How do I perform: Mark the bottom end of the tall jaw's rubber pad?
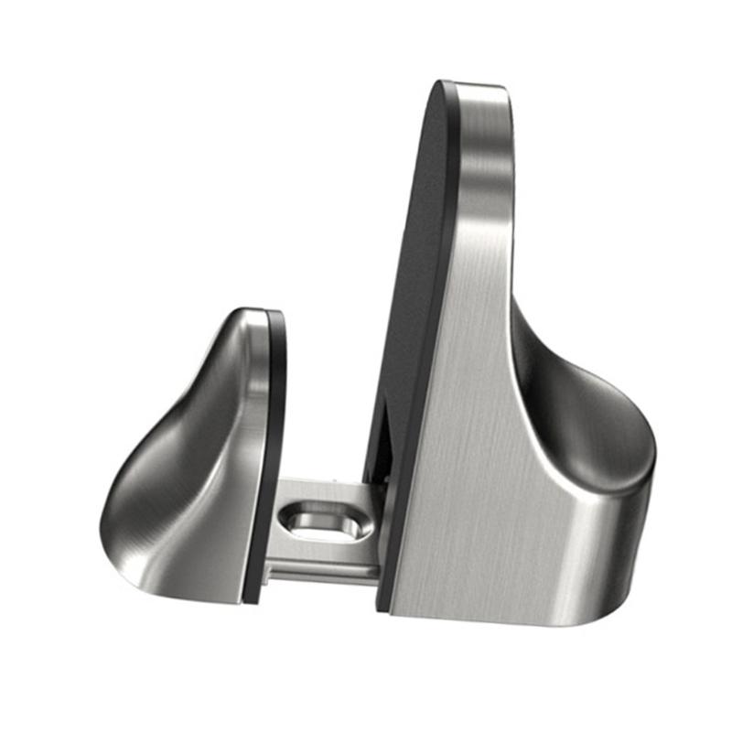[384, 599]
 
